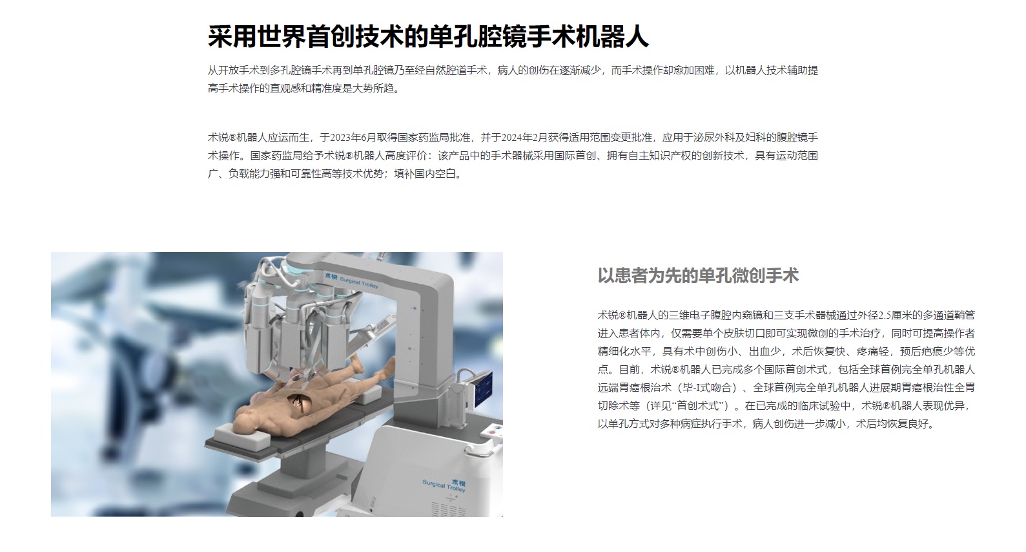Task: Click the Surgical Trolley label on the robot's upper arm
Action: pos(351,280)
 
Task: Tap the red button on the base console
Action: pos(493,432)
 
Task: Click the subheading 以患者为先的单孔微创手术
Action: pos(698,275)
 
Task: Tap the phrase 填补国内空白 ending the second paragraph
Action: pos(426,175)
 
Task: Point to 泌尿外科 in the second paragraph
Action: pos(713,138)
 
